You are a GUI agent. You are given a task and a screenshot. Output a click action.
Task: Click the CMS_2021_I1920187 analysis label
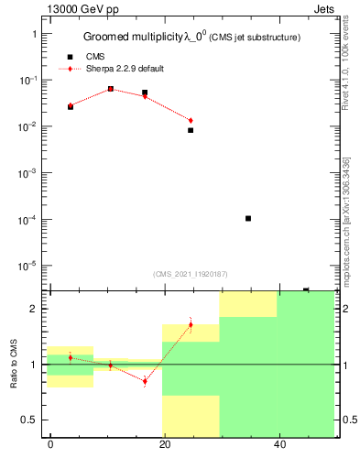[x=190, y=273]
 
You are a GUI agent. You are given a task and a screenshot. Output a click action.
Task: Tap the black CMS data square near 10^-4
[x=248, y=218]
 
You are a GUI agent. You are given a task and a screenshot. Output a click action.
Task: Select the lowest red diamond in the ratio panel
[x=145, y=381]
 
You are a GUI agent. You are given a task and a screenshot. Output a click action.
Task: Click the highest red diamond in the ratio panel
[x=191, y=324]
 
